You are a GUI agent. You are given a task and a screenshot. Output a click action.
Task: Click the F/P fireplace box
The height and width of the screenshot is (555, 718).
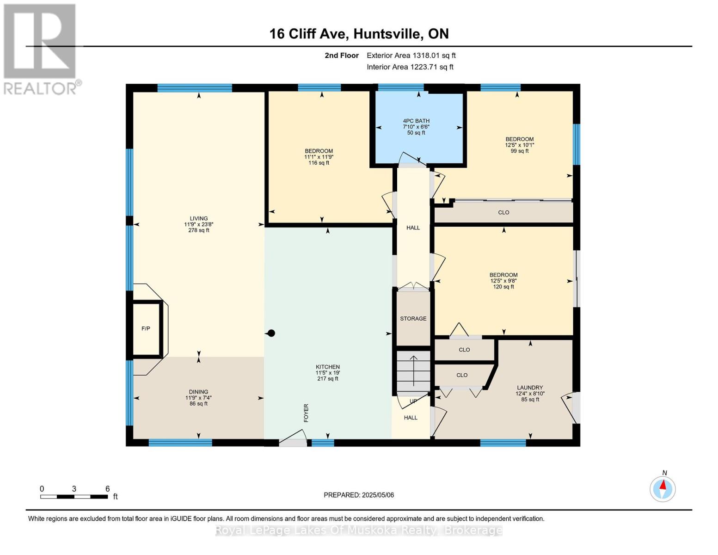pos(146,329)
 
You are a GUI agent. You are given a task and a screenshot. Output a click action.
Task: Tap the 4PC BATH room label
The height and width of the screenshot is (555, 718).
pos(416,121)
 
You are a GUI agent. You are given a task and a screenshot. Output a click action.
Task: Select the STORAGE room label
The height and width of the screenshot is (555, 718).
pos(413,319)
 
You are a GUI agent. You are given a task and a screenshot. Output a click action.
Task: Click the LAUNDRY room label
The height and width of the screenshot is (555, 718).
pos(530,388)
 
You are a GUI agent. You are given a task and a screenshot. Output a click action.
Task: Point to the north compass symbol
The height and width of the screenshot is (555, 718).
pos(663,488)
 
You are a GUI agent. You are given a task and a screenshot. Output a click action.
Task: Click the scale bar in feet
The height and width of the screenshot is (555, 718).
pos(74,497)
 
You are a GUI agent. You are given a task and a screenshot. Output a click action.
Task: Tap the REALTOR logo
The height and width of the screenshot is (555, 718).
pos(41,49)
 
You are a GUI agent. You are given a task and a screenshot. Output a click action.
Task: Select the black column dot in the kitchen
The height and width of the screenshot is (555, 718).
pos(272,333)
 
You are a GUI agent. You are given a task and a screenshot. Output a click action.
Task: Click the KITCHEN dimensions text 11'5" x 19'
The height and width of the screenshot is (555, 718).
pos(328,373)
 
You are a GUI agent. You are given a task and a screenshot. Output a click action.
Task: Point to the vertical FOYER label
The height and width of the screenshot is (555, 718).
pos(306,413)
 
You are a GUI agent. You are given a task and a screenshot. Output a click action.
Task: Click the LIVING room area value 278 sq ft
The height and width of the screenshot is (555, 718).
pos(199,230)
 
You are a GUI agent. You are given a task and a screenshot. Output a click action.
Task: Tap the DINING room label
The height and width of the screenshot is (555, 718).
pos(199,392)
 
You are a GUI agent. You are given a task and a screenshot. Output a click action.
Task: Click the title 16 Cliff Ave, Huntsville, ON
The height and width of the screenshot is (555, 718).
pos(359,34)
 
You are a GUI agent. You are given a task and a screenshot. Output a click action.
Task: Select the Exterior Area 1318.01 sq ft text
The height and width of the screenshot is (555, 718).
pos(411,55)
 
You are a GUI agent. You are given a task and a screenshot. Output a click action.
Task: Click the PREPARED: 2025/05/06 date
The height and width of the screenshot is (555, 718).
pos(359,495)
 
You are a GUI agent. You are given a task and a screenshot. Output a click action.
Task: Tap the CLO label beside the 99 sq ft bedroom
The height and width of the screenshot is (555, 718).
pos(503,213)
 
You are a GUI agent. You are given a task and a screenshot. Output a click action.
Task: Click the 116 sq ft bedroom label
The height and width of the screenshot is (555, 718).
pos(319,151)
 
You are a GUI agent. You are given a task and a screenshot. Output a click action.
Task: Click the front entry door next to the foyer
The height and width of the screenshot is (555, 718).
pos(293,439)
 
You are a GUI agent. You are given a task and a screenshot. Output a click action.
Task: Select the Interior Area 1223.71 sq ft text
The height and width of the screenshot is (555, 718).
pos(410,67)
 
